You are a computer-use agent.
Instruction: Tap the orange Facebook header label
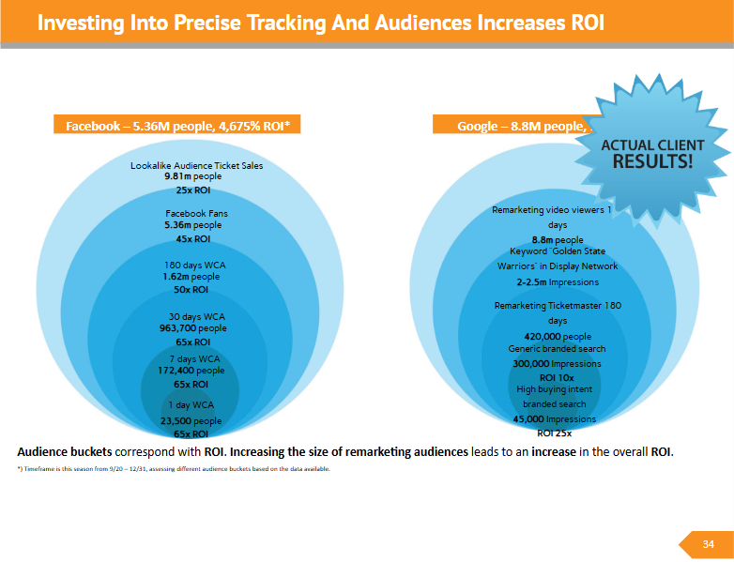(x=177, y=126)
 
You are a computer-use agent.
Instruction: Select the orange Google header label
(x=512, y=126)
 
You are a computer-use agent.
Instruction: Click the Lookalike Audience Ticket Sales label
(x=196, y=166)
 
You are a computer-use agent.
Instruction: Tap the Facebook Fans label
(x=196, y=214)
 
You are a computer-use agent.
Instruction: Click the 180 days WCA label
(x=195, y=266)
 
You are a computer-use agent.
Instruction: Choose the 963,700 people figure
(x=193, y=329)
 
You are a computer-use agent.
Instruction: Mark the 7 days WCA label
(x=194, y=359)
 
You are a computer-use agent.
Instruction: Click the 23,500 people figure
(x=191, y=421)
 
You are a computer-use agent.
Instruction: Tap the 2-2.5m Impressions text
(x=557, y=281)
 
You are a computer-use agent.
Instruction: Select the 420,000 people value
(x=557, y=336)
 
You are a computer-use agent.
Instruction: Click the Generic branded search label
(x=557, y=349)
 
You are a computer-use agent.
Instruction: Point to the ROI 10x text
(x=557, y=377)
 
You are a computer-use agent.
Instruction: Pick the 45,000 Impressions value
(x=555, y=419)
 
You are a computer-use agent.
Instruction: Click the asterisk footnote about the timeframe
(x=173, y=468)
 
